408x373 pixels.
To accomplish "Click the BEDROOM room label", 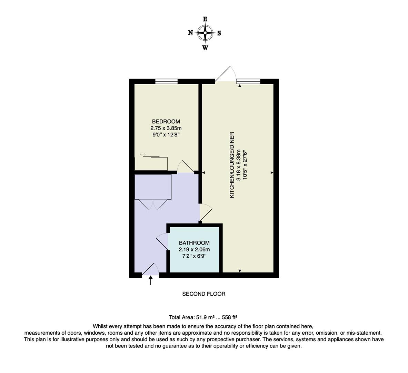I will (x=166, y=122).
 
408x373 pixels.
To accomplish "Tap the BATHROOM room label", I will (x=194, y=243).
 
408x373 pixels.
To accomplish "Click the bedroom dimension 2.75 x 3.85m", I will (x=166, y=128).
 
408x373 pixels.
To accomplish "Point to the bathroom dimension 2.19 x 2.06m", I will (x=194, y=249).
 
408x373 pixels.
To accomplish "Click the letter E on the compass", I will (x=205, y=19).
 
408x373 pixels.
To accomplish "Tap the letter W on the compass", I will (x=205, y=48).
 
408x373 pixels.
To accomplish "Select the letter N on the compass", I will (x=190, y=33).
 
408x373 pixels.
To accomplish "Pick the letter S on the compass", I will (x=219, y=33).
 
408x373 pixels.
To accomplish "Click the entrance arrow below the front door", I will (x=150, y=280).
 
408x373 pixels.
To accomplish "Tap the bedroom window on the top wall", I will (x=166, y=82).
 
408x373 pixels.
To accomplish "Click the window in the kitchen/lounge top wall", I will (x=248, y=82).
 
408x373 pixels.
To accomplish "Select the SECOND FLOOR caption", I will (x=203, y=294).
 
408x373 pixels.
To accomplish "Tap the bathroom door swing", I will (x=162, y=241).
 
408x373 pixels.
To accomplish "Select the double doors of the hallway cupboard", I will (x=153, y=204).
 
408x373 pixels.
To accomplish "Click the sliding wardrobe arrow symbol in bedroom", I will (x=143, y=154).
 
